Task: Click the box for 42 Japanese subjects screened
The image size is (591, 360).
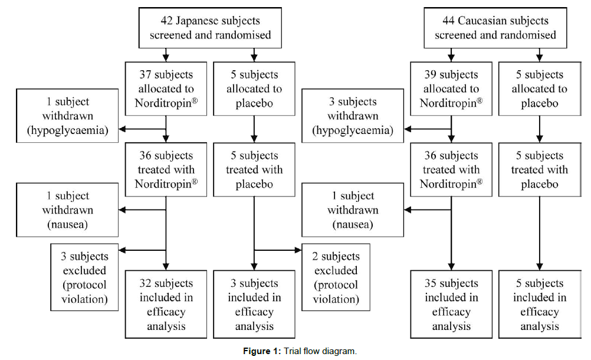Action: (x=210, y=28)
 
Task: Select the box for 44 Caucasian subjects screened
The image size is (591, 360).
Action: (x=495, y=28)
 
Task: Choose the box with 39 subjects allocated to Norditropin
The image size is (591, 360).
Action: (x=451, y=89)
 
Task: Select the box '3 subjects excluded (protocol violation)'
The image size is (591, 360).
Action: (x=84, y=277)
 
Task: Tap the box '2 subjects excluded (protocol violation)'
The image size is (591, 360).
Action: (x=336, y=277)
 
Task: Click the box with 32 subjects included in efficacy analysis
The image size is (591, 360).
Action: (x=166, y=304)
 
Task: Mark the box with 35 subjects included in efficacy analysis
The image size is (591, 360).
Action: (x=451, y=304)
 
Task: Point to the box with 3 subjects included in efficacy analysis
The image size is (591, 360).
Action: (x=254, y=304)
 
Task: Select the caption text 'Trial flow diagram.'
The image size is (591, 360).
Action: (x=320, y=352)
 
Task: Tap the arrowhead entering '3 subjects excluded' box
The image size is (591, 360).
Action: (x=122, y=250)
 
